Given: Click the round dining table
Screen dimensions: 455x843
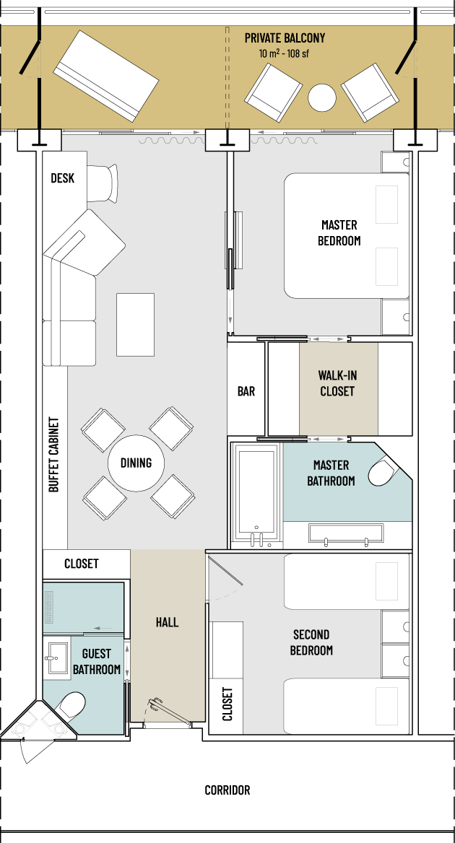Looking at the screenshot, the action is [x=136, y=463].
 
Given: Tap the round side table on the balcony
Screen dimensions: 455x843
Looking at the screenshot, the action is [x=322, y=98].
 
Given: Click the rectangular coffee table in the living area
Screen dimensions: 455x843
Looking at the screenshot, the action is [x=136, y=324].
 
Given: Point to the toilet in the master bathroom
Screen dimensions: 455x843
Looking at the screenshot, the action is [x=384, y=472].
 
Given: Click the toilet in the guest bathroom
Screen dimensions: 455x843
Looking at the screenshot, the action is [x=71, y=705].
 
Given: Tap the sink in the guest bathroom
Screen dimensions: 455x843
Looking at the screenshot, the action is [x=56, y=658].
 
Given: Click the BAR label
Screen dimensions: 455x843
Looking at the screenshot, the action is [x=246, y=391].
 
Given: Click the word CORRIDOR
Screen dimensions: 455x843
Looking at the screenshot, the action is [x=227, y=790].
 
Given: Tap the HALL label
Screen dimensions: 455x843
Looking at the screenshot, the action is [x=168, y=623].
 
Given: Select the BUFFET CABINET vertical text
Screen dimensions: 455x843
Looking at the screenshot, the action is [x=53, y=454].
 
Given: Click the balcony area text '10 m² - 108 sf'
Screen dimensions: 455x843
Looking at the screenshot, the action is [x=283, y=53].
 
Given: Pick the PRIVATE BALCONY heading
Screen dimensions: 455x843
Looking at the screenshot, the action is [x=285, y=38].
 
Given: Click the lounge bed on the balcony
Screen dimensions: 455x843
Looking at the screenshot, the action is [x=106, y=76].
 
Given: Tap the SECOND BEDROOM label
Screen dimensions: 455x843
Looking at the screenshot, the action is [x=311, y=642].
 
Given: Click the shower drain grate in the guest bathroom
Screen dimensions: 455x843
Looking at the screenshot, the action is [x=50, y=606].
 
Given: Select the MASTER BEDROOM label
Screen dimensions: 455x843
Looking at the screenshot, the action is [x=339, y=232].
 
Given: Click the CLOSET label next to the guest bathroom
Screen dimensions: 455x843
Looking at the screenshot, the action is [x=81, y=564].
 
